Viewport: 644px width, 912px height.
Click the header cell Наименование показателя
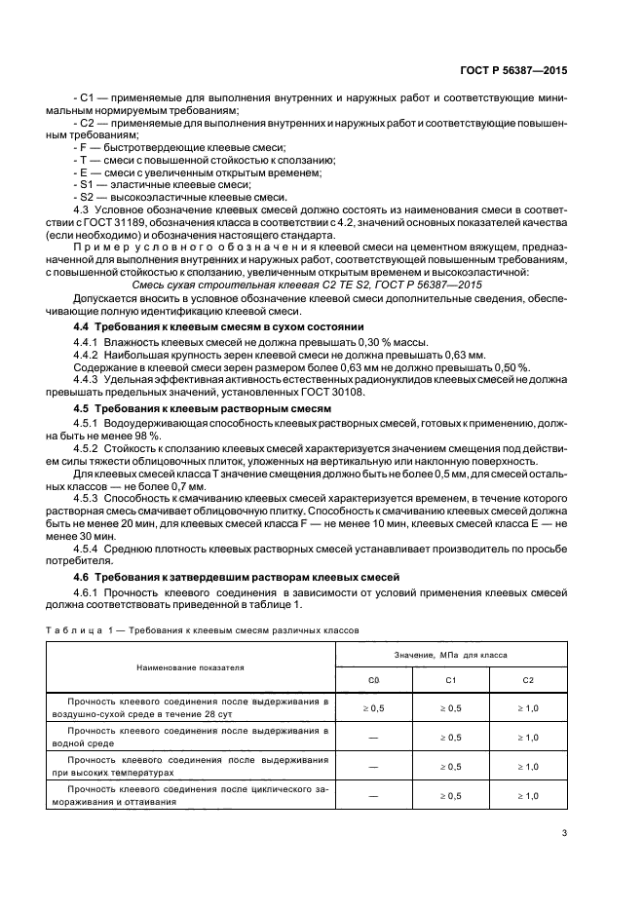pyautogui.click(x=190, y=667)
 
